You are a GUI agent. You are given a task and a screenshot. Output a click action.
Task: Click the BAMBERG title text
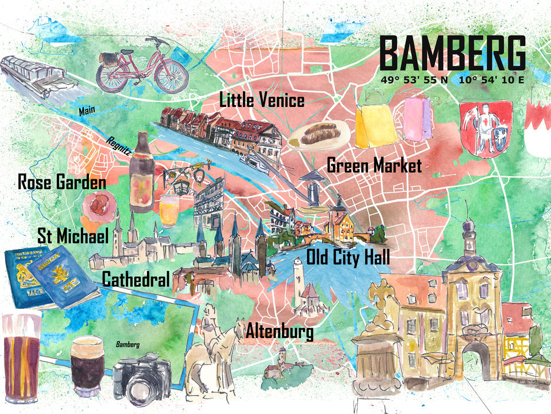click(x=452, y=54)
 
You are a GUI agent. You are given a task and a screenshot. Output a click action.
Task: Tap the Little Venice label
click(x=262, y=100)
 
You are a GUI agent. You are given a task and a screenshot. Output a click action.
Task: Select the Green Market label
click(x=374, y=166)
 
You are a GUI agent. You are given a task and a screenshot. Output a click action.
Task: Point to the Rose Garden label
click(x=62, y=183)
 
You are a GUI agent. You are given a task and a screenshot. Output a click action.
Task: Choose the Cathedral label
click(x=136, y=280)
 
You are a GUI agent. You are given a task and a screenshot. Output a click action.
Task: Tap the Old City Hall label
click(x=348, y=256)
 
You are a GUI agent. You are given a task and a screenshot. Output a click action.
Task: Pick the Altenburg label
click(x=280, y=332)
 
